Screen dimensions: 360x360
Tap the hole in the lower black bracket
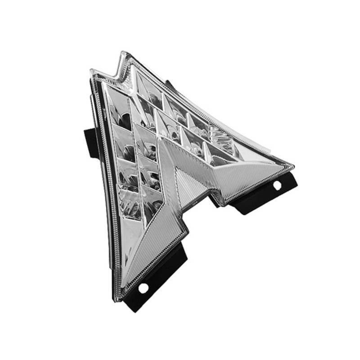pyautogui.click(x=144, y=288)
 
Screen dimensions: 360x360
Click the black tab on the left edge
pyautogui.click(x=91, y=142)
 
